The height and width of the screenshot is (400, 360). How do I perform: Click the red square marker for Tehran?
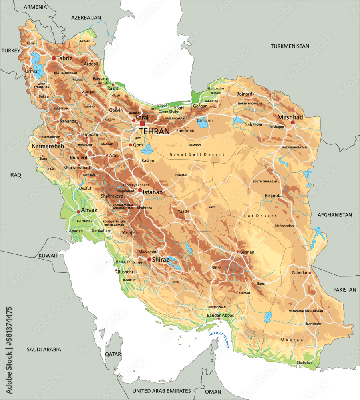click(142, 124)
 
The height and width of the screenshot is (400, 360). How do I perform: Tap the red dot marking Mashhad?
click(293, 122)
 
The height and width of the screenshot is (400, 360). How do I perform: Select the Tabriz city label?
click(64, 58)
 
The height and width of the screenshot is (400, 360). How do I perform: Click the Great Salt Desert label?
click(197, 154)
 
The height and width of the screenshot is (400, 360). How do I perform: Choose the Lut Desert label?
click(260, 216)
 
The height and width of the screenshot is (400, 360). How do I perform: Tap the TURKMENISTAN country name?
click(290, 46)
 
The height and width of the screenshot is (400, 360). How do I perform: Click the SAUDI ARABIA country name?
click(44, 349)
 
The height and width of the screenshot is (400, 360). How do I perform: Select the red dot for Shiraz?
click(149, 259)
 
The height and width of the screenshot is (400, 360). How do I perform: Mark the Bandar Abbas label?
click(220, 315)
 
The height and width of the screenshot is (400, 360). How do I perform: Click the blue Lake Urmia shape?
click(37, 66)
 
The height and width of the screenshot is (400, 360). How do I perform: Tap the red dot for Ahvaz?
click(78, 212)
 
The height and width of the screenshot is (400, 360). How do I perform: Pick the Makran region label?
click(292, 340)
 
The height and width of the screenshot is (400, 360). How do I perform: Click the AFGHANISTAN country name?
click(335, 214)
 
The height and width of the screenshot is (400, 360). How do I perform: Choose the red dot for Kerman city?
click(238, 252)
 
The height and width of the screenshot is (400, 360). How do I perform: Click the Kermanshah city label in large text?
click(47, 146)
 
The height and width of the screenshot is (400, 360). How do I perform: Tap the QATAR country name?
click(113, 354)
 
